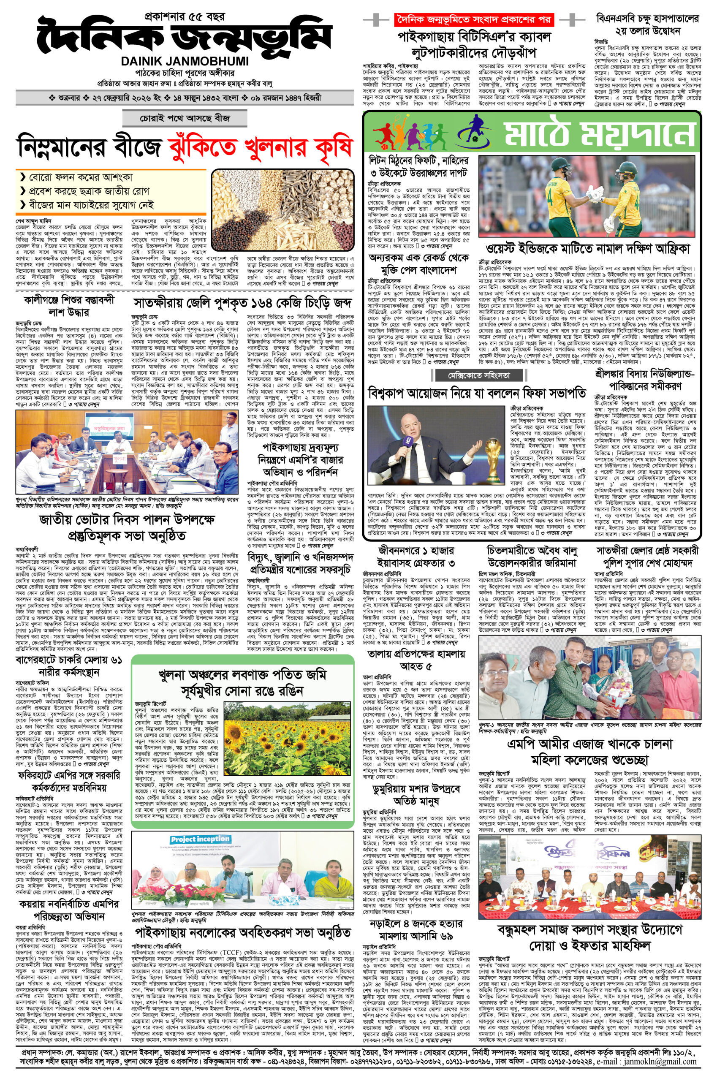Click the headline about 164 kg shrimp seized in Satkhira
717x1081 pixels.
pos(243,303)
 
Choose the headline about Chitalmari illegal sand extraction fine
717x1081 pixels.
pos(533,556)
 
